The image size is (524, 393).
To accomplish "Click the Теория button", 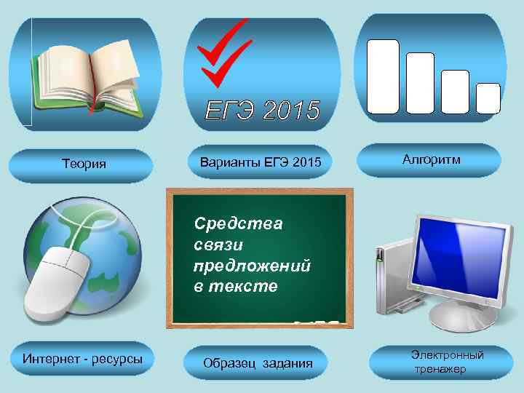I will click(84, 164).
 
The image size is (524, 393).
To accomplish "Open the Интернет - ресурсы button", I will click(83, 359).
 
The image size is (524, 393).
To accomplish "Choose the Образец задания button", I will click(258, 363).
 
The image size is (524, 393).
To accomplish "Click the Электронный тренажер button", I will click(441, 362).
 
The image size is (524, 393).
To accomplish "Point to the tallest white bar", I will click(383, 76).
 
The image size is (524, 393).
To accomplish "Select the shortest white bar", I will click(488, 98).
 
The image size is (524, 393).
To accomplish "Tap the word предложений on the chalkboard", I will click(252, 266).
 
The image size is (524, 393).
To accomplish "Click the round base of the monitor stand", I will click(458, 318).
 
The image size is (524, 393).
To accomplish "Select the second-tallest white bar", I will click(420, 83).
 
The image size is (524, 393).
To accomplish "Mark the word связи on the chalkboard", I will click(217, 245).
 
